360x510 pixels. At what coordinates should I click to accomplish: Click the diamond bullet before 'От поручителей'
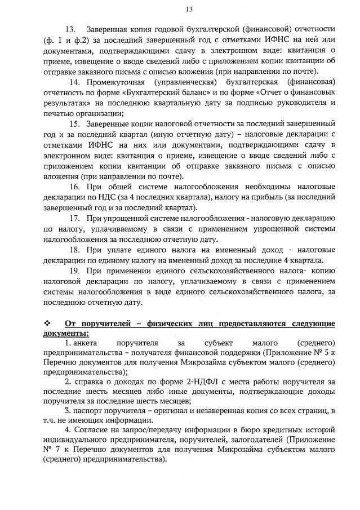(x=47, y=323)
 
